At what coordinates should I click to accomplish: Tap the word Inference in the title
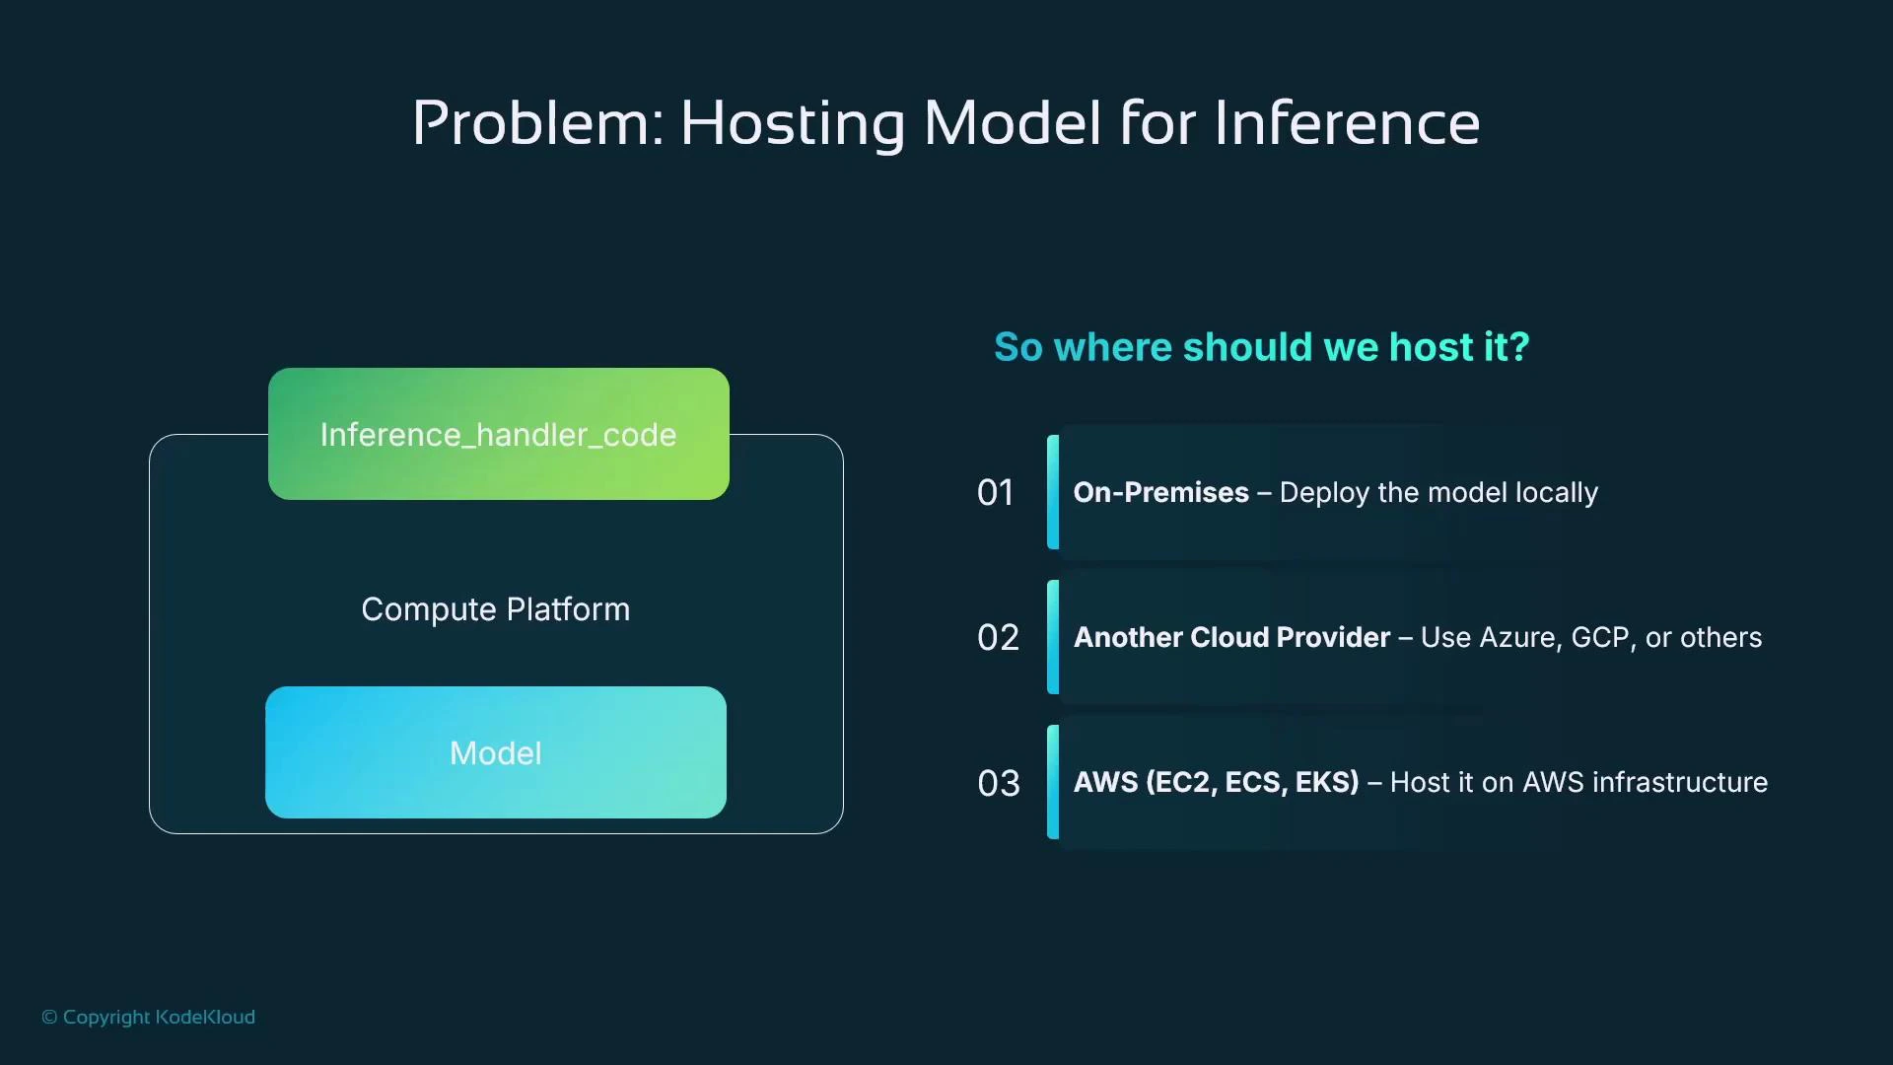pos(1347,124)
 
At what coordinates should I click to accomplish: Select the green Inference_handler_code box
pos(499,434)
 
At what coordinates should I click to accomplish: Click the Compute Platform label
pos(495,609)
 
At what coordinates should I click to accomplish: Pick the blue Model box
pos(496,752)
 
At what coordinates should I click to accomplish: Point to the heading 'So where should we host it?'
pos(1261,347)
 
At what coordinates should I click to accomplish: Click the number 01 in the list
pos(996,492)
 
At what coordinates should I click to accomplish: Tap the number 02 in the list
pos(998,637)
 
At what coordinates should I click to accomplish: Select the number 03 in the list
pos(998,783)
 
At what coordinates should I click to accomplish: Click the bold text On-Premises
pos(1160,492)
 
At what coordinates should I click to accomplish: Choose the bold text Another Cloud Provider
pos(1231,637)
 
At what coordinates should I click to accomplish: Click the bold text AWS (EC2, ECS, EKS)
pos(1216,782)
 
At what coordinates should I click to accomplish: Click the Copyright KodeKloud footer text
pos(148,1017)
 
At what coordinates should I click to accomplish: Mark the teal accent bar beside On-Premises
pos(1053,492)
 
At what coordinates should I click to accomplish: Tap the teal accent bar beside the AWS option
pos(1053,782)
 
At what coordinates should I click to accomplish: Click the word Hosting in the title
pos(792,124)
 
